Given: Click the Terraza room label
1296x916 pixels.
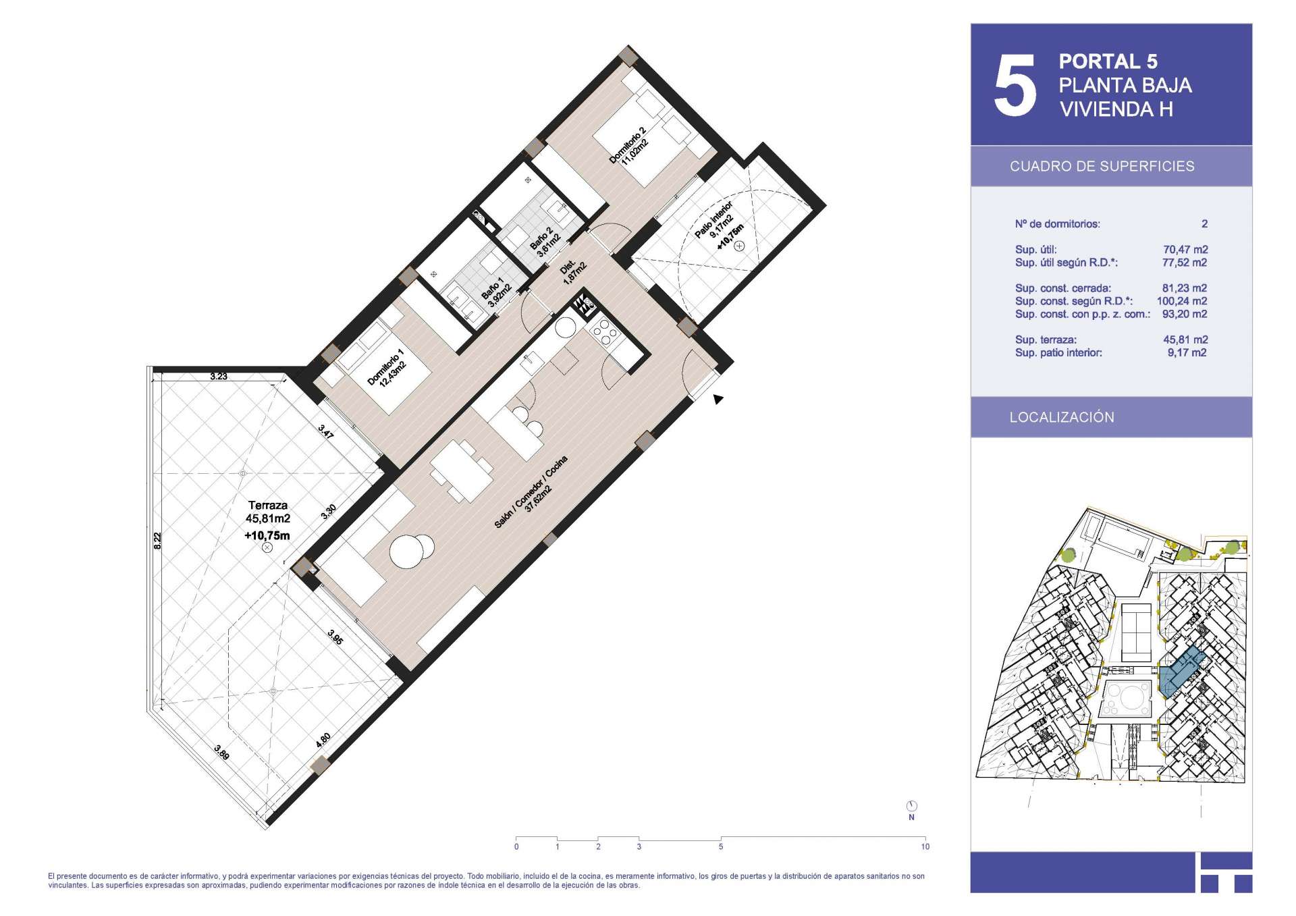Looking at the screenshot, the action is (268, 505).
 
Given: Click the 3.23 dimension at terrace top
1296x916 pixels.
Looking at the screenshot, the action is (218, 377).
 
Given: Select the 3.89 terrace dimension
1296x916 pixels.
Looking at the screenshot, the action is (221, 752).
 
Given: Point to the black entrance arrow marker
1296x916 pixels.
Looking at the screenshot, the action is (718, 400).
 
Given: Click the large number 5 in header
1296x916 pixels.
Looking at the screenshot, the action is (1015, 85).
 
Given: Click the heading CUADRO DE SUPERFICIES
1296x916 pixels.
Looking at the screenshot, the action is (1102, 166).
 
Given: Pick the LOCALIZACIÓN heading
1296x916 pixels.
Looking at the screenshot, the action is (1062, 417).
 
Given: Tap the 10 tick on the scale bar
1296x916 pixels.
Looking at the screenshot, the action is (925, 846).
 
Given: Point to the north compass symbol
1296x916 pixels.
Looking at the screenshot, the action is (912, 806).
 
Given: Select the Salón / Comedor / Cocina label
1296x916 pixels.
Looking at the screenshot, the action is (531, 491).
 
